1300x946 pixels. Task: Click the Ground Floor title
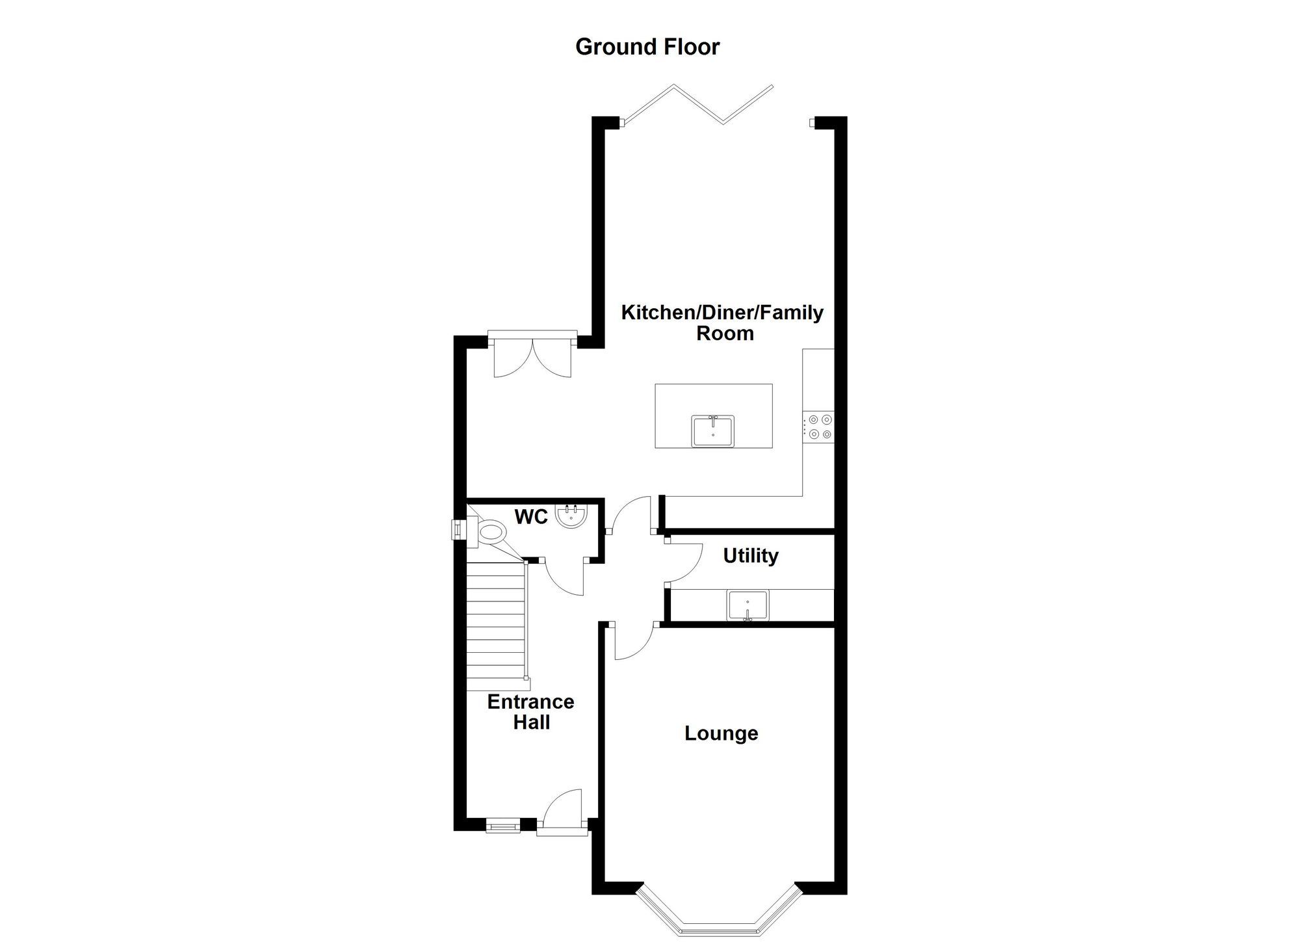647,47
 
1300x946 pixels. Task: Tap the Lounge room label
721,733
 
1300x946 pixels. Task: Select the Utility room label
751,556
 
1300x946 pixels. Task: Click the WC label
531,517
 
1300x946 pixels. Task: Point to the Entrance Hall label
531,712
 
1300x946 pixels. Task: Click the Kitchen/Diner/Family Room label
722,322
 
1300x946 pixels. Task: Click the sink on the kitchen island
712,431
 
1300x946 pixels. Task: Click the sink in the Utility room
747,605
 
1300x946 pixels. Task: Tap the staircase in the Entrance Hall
495,626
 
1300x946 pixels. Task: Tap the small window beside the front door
503,826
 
